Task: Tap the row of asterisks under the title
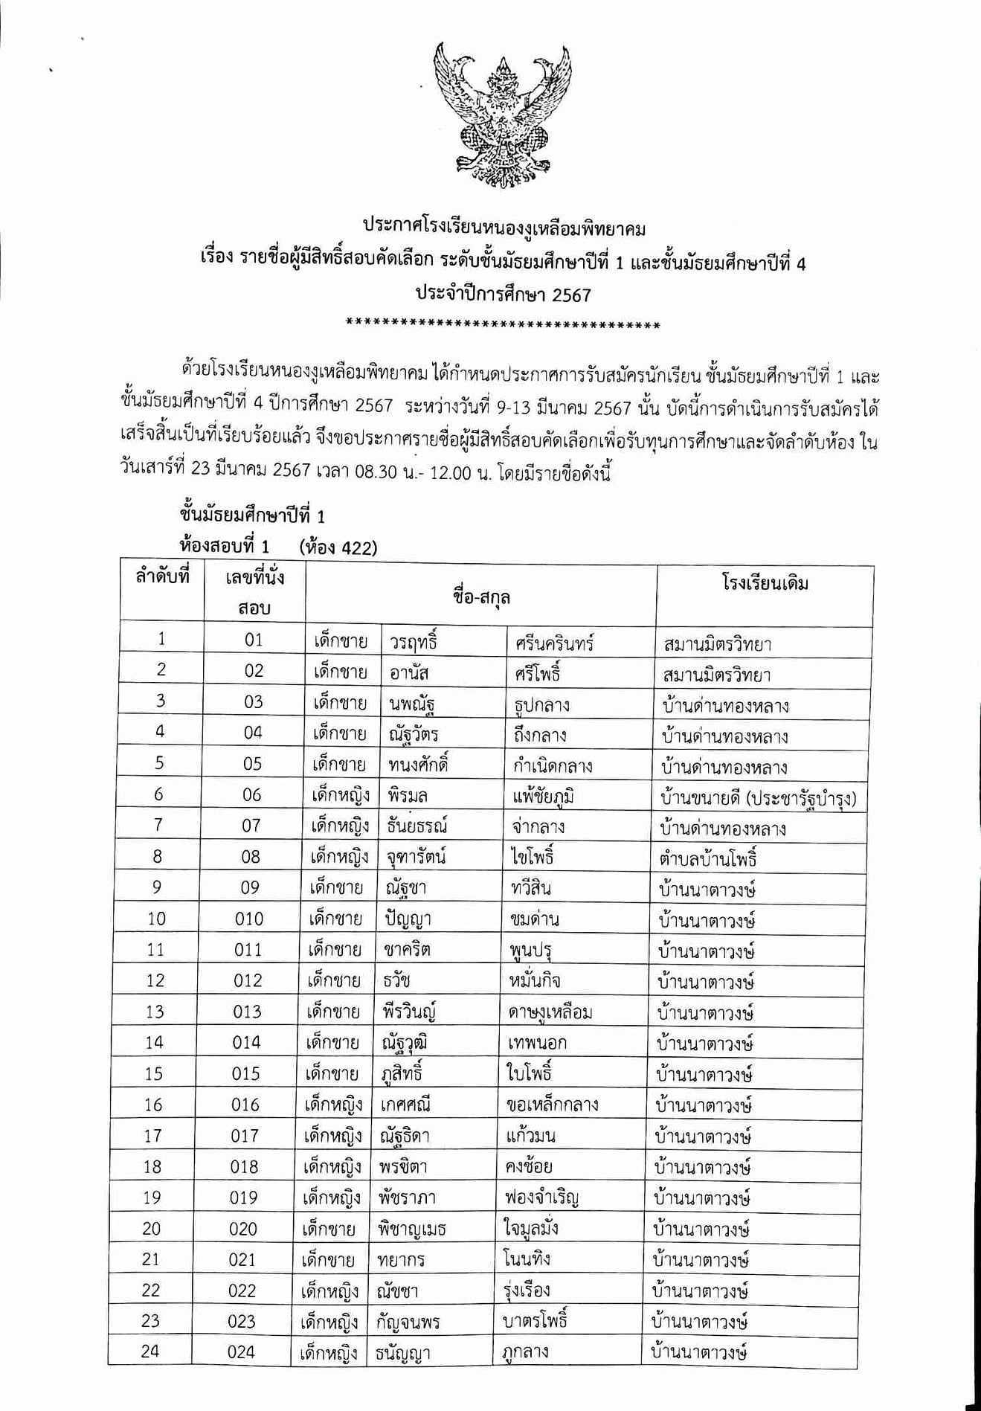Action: pos(504,325)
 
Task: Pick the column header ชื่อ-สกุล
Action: pos(480,597)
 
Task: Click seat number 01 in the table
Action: pos(254,640)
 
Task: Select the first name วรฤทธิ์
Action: pos(414,642)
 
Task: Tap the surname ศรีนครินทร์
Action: pos(553,643)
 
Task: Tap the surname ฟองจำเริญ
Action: pos(541,1198)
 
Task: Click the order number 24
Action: pos(151,1351)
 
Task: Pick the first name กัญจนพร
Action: pos(409,1322)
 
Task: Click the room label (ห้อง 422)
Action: pos(338,548)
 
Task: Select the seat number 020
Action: pos(243,1228)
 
